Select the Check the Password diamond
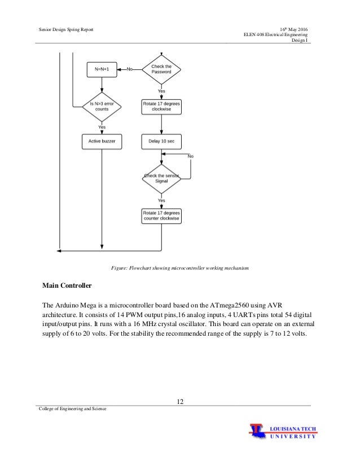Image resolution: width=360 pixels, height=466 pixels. [161, 69]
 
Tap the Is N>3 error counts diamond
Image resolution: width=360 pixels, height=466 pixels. [102, 105]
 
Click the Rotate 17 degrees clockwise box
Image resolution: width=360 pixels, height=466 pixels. [161, 105]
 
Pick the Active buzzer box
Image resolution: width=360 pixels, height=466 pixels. [102, 140]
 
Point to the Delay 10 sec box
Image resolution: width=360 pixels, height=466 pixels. [161, 140]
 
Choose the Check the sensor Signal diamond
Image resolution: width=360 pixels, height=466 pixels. [161, 178]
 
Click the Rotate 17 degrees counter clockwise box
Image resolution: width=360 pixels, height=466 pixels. [161, 216]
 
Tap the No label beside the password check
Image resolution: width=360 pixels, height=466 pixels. [129, 69]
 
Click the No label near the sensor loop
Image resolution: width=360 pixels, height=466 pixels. [191, 156]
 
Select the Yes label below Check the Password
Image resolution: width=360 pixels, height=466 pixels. [161, 91]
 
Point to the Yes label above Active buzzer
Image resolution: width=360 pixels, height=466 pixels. [102, 127]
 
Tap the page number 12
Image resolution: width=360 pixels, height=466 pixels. [180, 401]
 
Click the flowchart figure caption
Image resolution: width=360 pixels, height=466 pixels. [179, 267]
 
